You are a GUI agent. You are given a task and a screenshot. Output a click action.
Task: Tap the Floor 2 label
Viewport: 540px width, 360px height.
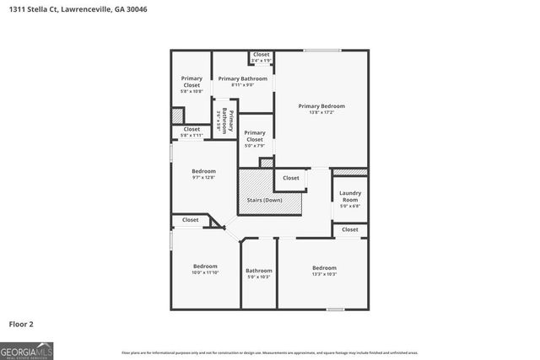click(x=22, y=324)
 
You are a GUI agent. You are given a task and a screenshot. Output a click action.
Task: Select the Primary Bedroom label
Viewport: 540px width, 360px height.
click(x=321, y=106)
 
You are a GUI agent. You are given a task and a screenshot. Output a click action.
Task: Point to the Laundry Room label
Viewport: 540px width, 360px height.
click(x=350, y=196)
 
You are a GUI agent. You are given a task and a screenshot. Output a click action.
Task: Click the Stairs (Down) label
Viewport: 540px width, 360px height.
click(x=264, y=200)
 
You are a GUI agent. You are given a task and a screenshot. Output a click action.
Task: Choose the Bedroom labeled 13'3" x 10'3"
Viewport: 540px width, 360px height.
click(x=324, y=268)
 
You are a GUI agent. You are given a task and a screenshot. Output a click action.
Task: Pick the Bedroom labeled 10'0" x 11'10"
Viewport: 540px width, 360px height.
click(x=205, y=266)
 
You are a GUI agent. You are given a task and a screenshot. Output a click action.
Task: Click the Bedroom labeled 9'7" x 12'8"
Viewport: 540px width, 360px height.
click(x=203, y=171)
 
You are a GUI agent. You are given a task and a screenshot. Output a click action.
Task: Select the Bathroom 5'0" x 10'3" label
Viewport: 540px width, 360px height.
click(x=259, y=271)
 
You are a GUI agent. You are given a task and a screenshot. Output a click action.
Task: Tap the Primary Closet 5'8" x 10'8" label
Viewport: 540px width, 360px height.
click(x=192, y=82)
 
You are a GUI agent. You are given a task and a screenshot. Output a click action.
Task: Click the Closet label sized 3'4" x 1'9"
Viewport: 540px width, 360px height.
click(x=262, y=55)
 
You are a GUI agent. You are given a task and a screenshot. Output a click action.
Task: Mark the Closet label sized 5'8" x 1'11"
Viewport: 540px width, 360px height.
click(x=192, y=129)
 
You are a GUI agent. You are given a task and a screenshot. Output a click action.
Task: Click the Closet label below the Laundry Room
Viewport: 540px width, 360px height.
click(x=350, y=229)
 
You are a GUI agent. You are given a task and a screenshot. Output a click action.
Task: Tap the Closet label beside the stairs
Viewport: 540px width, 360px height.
click(x=291, y=178)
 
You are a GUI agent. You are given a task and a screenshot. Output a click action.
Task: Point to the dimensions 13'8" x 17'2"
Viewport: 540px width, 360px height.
click(x=321, y=112)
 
